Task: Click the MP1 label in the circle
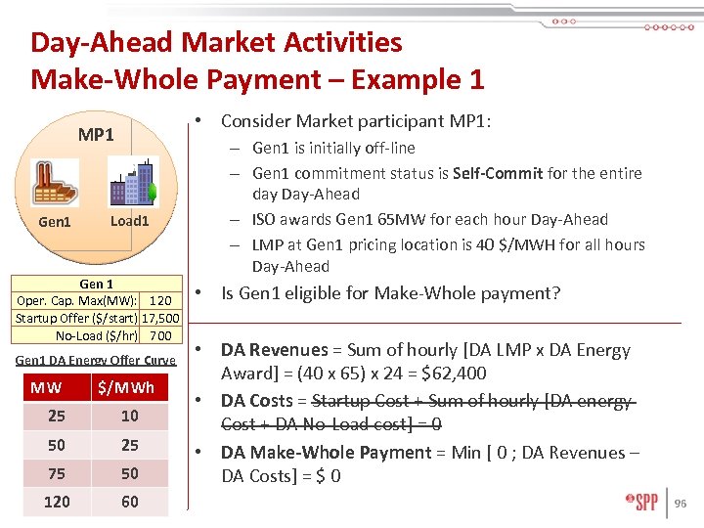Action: point(96,134)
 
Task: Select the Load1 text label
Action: point(129,221)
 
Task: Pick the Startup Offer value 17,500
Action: point(160,319)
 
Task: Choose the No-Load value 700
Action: point(160,335)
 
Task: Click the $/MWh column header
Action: point(129,387)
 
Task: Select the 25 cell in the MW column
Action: point(57,416)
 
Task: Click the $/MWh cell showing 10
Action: point(129,416)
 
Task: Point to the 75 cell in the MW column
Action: point(57,473)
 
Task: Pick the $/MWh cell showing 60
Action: point(129,502)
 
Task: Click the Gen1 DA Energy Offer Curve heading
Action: point(96,360)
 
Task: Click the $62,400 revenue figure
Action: point(455,374)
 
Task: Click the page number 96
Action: point(682,504)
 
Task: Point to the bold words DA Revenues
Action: point(275,350)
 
